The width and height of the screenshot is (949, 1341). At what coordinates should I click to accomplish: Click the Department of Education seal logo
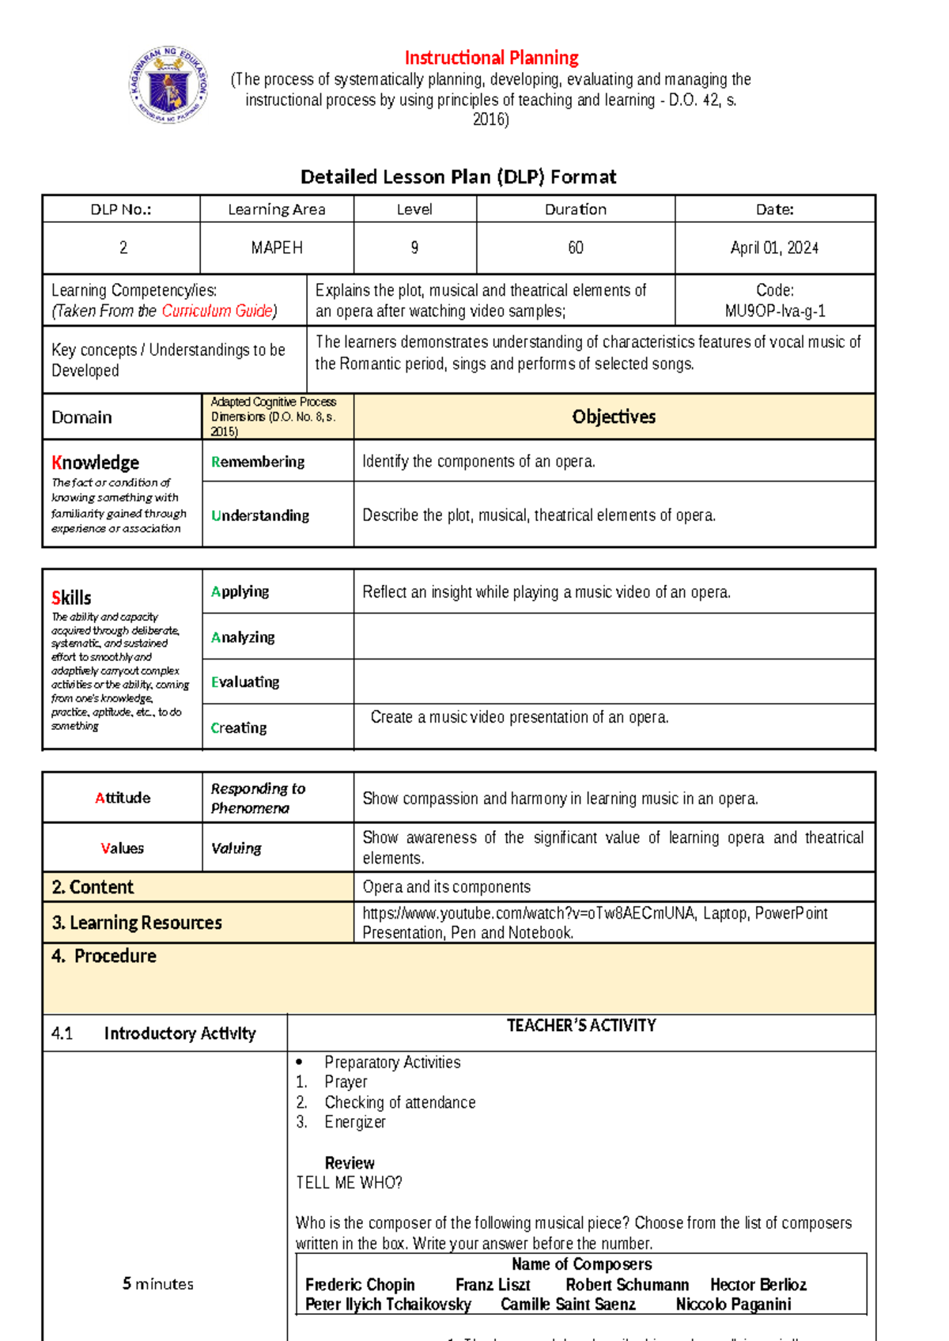coord(168,85)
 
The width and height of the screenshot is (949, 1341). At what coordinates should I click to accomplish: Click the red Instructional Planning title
coord(491,58)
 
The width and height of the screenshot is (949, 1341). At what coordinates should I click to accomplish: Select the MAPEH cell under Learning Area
coord(277,247)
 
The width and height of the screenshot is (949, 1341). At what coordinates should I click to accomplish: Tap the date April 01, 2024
coord(774,247)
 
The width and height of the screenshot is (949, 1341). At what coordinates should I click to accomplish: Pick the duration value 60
coord(575,247)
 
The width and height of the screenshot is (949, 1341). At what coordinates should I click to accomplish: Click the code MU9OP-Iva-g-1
coord(774,311)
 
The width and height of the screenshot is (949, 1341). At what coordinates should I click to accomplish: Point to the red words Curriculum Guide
coord(217,311)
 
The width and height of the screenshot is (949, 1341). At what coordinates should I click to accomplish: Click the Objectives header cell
coord(614,417)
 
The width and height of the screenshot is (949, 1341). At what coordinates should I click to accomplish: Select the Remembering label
coord(258,462)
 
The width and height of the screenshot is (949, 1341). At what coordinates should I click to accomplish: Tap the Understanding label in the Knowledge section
coord(260,516)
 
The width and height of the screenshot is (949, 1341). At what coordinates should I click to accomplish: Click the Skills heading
coord(71,598)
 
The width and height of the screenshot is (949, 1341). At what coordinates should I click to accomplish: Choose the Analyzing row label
coord(243,637)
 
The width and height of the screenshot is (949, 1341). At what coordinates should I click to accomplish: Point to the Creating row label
coord(239,727)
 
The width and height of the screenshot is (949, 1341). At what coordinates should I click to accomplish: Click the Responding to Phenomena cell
coord(258,798)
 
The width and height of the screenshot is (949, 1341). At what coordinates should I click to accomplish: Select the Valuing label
coord(236,848)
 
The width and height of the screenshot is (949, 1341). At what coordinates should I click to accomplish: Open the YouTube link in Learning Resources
coord(527,913)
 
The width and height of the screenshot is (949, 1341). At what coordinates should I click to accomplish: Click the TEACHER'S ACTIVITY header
coord(581,1026)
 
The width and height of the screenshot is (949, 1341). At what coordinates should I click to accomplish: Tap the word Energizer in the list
coord(355,1122)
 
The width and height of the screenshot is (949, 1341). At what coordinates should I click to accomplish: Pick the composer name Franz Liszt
coord(493,1285)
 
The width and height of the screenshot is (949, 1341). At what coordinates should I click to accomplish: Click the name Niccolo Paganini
coord(733,1305)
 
